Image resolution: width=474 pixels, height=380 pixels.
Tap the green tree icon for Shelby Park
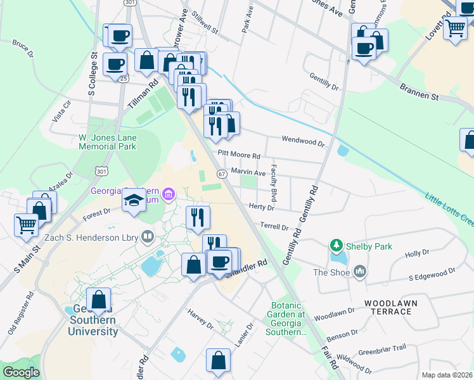pyautogui.click(x=336, y=246)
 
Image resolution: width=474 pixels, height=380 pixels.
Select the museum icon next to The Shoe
pyautogui.click(x=361, y=272)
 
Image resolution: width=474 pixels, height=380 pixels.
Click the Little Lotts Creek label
pyautogui.click(x=449, y=208)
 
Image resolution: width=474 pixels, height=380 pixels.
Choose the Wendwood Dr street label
pyautogui.click(x=303, y=141)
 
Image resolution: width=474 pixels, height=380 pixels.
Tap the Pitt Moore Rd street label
pyautogui.click(x=239, y=155)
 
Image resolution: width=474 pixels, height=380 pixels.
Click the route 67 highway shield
pyautogui.click(x=222, y=174)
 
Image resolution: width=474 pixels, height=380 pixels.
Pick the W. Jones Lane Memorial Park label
pyautogui.click(x=107, y=142)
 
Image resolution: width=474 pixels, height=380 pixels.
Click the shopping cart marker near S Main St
pyautogui.click(x=26, y=224)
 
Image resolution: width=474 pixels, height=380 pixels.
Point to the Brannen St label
pyautogui.click(x=419, y=92)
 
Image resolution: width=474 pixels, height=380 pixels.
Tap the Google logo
pyautogui.click(x=21, y=372)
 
